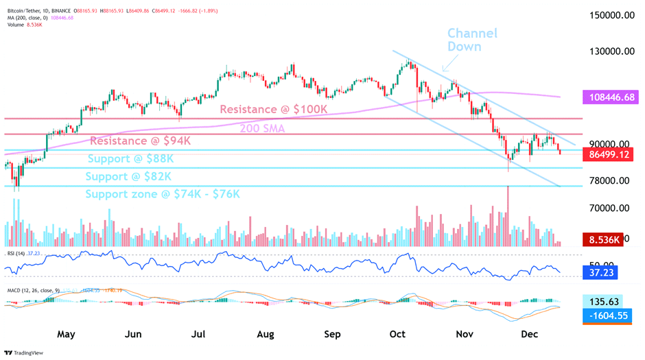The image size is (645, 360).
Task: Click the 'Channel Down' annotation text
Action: pos(472,40)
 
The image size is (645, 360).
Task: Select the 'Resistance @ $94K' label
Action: pos(140,141)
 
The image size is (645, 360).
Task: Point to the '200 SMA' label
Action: pos(262,128)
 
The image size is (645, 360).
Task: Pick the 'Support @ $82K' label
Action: pos(128,176)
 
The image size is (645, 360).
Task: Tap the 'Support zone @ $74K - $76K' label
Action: pos(163,194)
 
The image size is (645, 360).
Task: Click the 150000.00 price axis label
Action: pos(614,15)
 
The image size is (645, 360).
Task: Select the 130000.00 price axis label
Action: pos(614,51)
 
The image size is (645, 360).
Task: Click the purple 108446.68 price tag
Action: pos(611,97)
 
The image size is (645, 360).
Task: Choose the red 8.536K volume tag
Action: pos(602,240)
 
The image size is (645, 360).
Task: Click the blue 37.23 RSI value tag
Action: pos(599,273)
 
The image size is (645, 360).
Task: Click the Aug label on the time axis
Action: pos(265,335)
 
